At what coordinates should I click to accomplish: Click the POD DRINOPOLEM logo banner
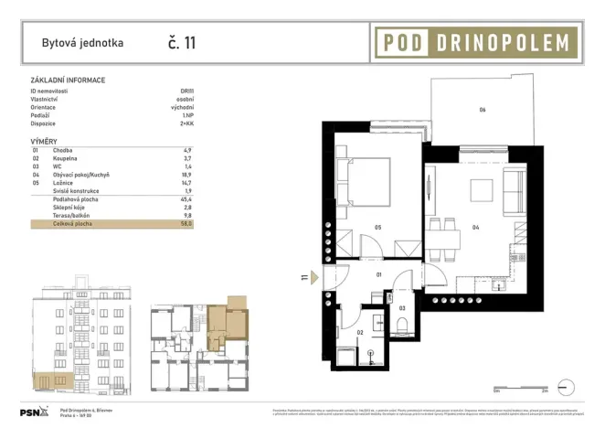(475, 41)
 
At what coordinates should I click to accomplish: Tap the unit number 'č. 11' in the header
(181, 42)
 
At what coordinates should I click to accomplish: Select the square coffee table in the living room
(483, 190)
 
